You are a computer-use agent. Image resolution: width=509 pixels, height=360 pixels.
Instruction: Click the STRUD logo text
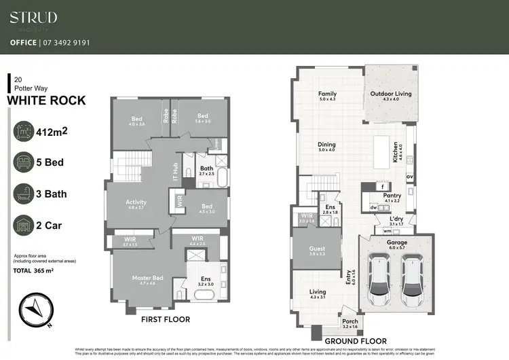[33, 18]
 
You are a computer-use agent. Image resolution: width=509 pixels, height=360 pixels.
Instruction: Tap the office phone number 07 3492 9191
[69, 42]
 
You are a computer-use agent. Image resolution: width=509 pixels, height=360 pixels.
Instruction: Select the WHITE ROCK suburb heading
[46, 101]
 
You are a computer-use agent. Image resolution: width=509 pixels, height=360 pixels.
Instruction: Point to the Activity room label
[136, 202]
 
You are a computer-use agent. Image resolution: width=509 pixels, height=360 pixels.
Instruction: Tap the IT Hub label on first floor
[175, 173]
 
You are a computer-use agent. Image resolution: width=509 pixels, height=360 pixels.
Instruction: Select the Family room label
[328, 94]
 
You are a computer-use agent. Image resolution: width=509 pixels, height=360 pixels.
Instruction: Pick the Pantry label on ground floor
[392, 196]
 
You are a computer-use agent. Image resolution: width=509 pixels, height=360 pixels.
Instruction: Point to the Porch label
[350, 321]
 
